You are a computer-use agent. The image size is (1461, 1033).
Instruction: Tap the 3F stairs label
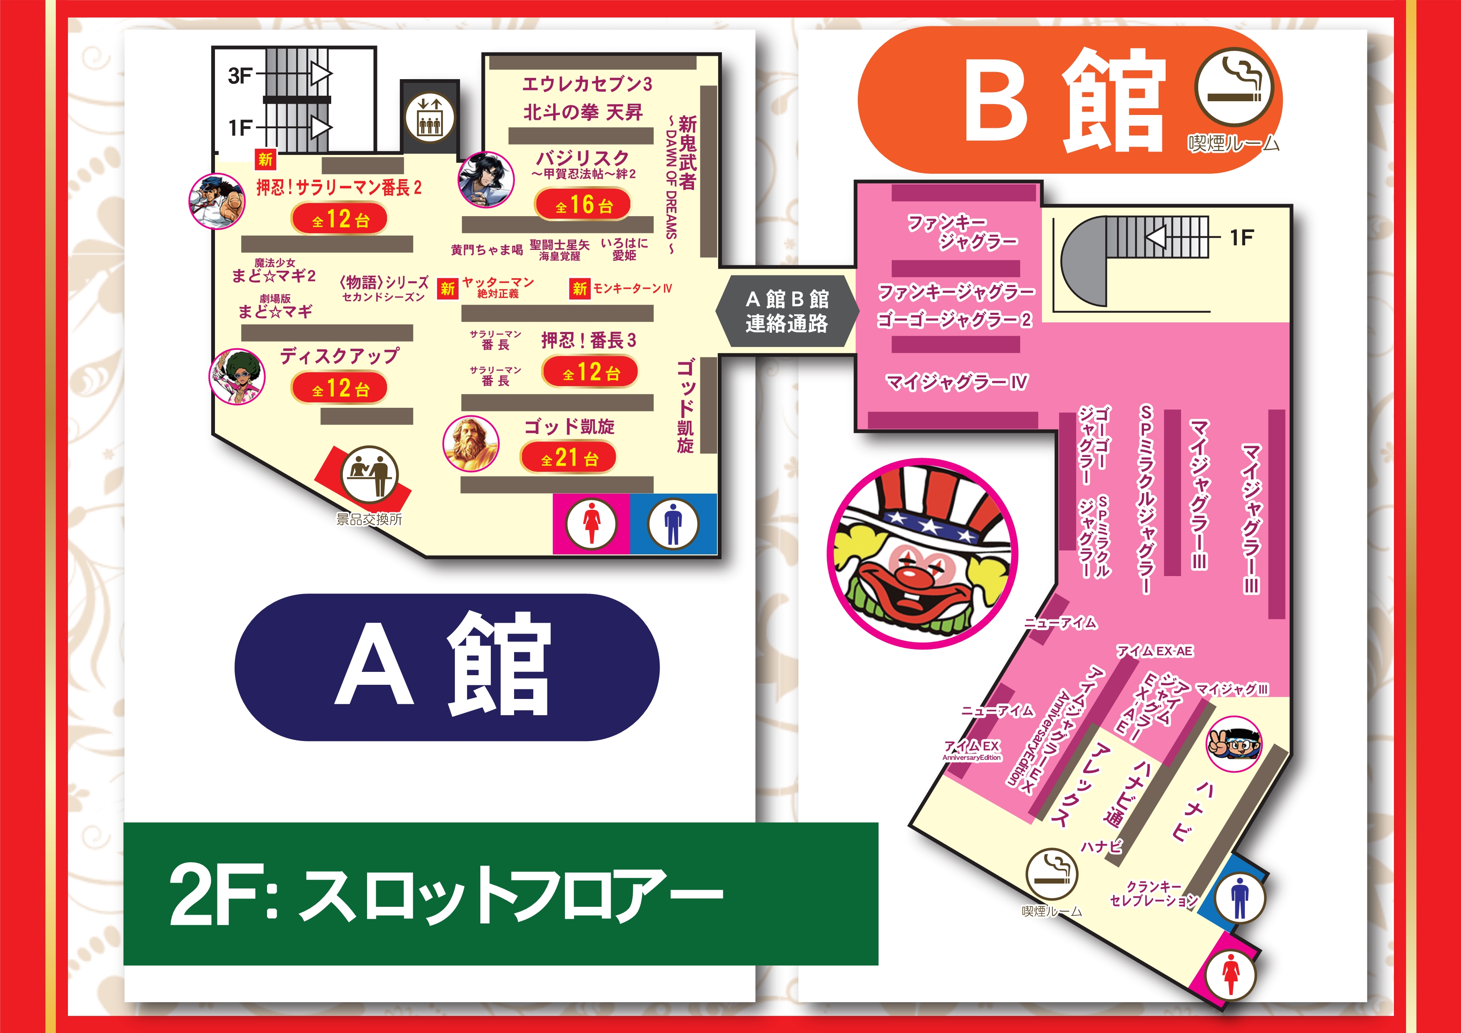[240, 76]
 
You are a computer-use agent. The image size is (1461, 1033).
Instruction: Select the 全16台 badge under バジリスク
[583, 205]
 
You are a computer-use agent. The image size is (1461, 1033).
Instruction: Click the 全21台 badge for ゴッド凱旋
[569, 458]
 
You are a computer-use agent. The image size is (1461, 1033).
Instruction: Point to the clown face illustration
[922, 554]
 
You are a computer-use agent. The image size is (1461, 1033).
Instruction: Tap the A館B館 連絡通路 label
[787, 311]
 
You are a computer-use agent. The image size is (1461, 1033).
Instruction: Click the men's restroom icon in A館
[673, 524]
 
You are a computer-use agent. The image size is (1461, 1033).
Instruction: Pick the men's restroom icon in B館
[1239, 898]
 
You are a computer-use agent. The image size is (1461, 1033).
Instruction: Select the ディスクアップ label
[340, 356]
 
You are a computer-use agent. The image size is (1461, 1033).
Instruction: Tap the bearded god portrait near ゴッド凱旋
[471, 443]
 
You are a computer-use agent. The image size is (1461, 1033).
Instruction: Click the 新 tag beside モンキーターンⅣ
[579, 289]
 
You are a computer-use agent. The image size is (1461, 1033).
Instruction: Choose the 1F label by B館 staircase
[1241, 238]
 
